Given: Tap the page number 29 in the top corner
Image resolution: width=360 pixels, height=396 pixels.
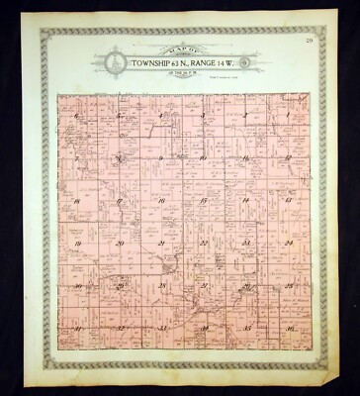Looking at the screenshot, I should coord(309,41).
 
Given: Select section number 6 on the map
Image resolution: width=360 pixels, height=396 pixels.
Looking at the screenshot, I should coord(76,116).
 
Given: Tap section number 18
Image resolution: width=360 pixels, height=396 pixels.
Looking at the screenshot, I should coord(76,200).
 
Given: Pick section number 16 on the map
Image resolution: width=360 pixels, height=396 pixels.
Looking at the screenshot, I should coord(161,200).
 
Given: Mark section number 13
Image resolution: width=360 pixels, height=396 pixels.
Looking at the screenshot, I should coord(287,200).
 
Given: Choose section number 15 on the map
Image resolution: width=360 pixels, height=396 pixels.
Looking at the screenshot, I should coord(203,200).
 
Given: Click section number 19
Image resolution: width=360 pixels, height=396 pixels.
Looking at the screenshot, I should coord(76,243).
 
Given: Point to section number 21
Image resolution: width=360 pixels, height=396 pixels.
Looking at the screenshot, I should coord(161,243).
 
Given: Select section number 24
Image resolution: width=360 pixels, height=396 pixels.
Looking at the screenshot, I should coord(288,243).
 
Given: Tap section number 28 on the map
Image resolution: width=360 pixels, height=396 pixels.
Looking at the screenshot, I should coord(161,285).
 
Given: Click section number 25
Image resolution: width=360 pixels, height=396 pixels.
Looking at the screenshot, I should coord(288,285).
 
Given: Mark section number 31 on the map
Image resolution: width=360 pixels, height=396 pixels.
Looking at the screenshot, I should coord(76,327).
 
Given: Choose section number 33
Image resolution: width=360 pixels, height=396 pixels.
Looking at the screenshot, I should coord(161,327).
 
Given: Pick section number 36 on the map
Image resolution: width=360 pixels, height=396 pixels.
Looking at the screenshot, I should coord(288,327).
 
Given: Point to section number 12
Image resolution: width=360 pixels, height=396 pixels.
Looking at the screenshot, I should coord(287,157).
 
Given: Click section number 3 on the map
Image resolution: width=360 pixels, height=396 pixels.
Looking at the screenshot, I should coord(203,115).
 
